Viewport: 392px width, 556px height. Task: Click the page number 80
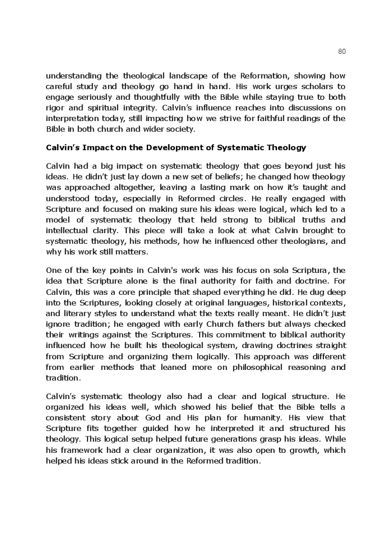[x=342, y=51]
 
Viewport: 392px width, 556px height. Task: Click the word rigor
[x=55, y=108]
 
